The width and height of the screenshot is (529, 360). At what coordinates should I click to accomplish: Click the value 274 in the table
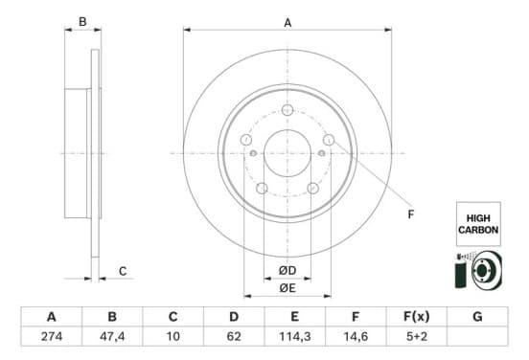pos(52,336)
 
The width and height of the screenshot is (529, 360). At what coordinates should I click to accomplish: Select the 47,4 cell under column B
pos(112,336)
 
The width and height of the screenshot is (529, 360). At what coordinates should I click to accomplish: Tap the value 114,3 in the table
pos(295,336)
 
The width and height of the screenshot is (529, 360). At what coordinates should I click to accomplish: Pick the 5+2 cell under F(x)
pos(417,336)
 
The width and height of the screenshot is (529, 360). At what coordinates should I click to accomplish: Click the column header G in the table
pos(477,317)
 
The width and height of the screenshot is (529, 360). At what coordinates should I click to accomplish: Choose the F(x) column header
pos(417,317)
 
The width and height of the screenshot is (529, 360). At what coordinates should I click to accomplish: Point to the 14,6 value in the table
pos(356,336)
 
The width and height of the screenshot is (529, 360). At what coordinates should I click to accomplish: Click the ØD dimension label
pos(287,270)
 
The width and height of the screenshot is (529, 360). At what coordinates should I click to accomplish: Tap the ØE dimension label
pos(287,288)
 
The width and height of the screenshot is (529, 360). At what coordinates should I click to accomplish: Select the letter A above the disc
pos(287,23)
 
